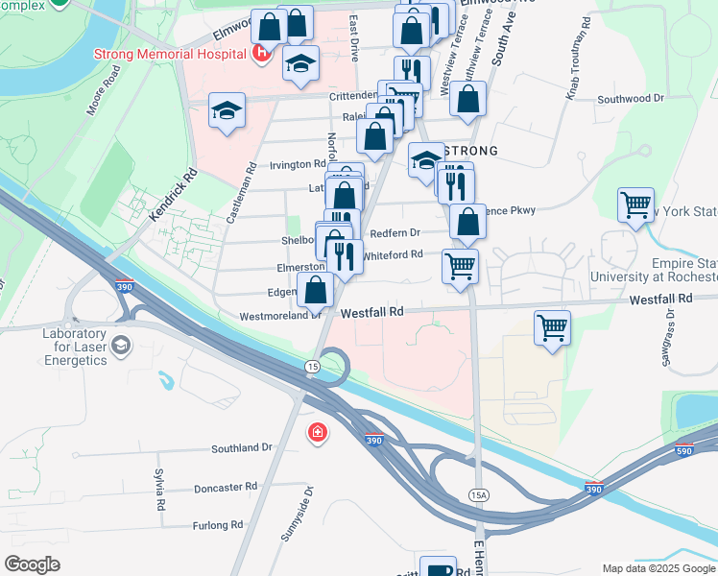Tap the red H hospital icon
pyautogui.click(x=259, y=54)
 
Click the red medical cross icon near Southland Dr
pyautogui.click(x=316, y=435)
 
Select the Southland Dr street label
pyautogui.click(x=242, y=448)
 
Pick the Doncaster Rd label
pyautogui.click(x=225, y=488)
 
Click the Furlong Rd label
pyautogui.click(x=217, y=525)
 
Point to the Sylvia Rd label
pyautogui.click(x=159, y=490)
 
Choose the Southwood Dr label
pyautogui.click(x=630, y=99)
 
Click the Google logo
pyautogui.click(x=32, y=564)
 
